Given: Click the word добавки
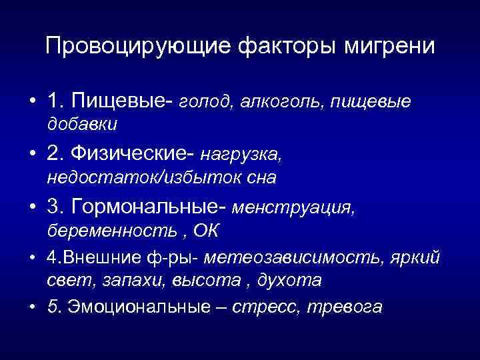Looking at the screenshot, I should tap(82, 124).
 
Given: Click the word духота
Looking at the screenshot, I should tap(291, 281).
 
